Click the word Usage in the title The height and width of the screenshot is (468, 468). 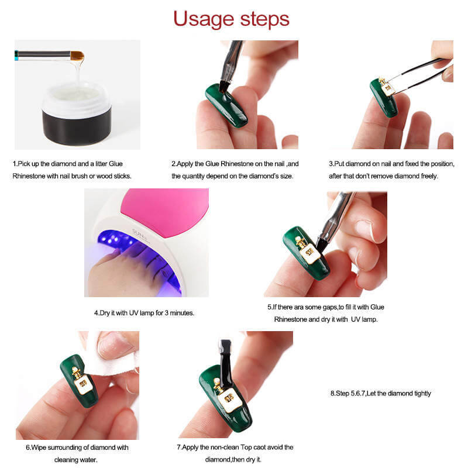click(203, 19)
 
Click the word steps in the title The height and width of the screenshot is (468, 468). click(265, 19)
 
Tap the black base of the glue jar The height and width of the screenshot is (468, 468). click(77, 127)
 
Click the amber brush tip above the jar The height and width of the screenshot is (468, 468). click(77, 56)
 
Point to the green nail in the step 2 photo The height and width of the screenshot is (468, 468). click(226, 105)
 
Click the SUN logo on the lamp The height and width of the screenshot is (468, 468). click(140, 235)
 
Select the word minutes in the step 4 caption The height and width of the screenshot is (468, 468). click(182, 313)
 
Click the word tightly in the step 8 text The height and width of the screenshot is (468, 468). click(422, 393)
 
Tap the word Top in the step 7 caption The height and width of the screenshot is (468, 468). click(246, 447)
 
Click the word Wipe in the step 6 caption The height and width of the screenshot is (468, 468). click(39, 448)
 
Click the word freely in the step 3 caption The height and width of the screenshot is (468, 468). click(429, 176)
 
